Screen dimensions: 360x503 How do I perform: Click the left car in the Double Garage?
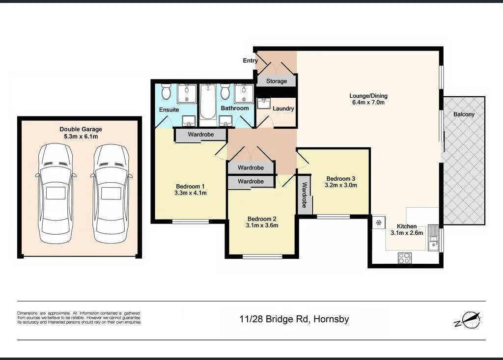[56, 194]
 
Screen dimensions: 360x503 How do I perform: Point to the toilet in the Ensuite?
[166, 92]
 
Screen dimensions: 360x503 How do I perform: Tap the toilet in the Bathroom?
[225, 91]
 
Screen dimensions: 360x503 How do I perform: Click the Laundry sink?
[264, 104]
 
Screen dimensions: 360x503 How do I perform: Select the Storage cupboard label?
[276, 81]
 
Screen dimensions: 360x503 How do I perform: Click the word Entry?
[250, 61]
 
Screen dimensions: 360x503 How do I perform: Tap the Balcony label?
[464, 114]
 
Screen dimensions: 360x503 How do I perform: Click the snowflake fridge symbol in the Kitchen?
[379, 222]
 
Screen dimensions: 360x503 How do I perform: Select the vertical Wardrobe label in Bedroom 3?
[305, 194]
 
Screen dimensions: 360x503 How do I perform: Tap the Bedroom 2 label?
[262, 222]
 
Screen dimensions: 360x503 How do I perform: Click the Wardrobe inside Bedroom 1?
[200, 134]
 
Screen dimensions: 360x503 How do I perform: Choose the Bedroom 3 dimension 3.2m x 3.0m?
[340, 186]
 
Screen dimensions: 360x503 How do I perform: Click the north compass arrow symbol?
[467, 320]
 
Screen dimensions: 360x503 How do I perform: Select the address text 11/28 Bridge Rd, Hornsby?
[294, 319]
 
